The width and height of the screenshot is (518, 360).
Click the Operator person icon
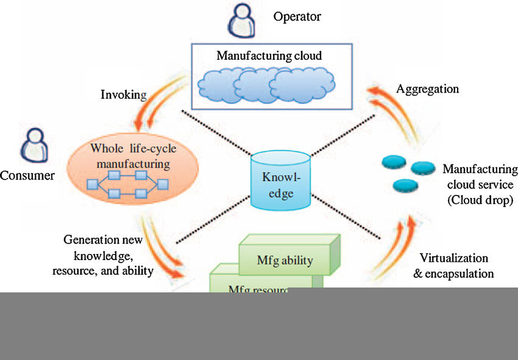(x=241, y=19)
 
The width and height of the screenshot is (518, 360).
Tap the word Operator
(x=297, y=16)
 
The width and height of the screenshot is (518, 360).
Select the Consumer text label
(x=27, y=176)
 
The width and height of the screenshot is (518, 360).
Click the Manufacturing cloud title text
(x=269, y=55)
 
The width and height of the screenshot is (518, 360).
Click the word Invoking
(x=124, y=94)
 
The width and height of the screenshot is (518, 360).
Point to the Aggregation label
(x=427, y=89)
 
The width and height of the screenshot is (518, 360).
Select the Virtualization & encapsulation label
(x=453, y=266)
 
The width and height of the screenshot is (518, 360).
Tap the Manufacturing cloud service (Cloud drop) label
(x=479, y=184)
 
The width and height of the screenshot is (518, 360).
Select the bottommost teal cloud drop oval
(x=405, y=185)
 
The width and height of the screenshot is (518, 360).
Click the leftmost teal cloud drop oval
(x=394, y=162)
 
